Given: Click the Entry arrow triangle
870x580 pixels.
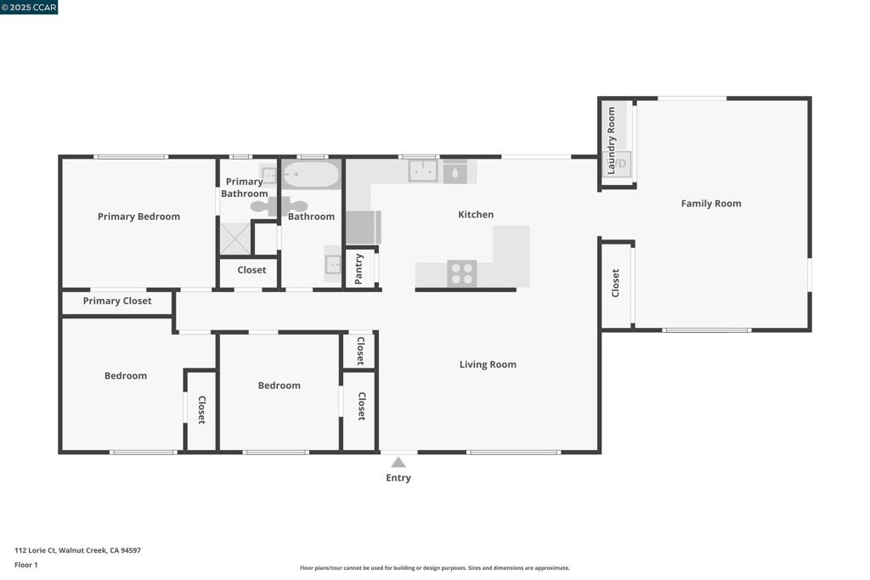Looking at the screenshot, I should pyautogui.click(x=398, y=463).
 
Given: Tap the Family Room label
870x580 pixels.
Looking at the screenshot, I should pyautogui.click(x=710, y=204).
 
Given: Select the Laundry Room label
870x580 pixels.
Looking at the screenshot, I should pyautogui.click(x=611, y=130).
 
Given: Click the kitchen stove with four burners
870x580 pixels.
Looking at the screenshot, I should pyautogui.click(x=462, y=273).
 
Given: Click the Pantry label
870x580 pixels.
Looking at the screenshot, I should pyautogui.click(x=359, y=269).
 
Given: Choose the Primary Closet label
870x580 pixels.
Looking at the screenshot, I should pyautogui.click(x=117, y=301).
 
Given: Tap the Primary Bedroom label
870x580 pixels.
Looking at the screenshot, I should pyautogui.click(x=138, y=217).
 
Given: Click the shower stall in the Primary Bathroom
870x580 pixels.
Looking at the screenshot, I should pyautogui.click(x=235, y=238).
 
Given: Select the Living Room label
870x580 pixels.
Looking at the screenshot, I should pyautogui.click(x=488, y=364).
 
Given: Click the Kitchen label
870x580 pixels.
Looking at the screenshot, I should pyautogui.click(x=476, y=215).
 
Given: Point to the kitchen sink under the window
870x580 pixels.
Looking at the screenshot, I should pyautogui.click(x=423, y=171).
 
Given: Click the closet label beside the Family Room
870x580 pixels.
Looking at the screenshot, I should pyautogui.click(x=616, y=283).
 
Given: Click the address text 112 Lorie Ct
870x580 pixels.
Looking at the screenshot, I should pyautogui.click(x=77, y=550).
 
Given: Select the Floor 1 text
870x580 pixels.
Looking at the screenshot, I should pyautogui.click(x=26, y=565).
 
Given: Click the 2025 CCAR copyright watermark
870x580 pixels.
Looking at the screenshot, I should pyautogui.click(x=30, y=8).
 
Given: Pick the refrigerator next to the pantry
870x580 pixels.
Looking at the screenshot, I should pyautogui.click(x=363, y=228).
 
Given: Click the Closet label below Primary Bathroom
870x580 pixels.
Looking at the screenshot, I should pyautogui.click(x=251, y=270).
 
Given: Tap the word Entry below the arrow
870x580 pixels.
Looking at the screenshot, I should pyautogui.click(x=398, y=478).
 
